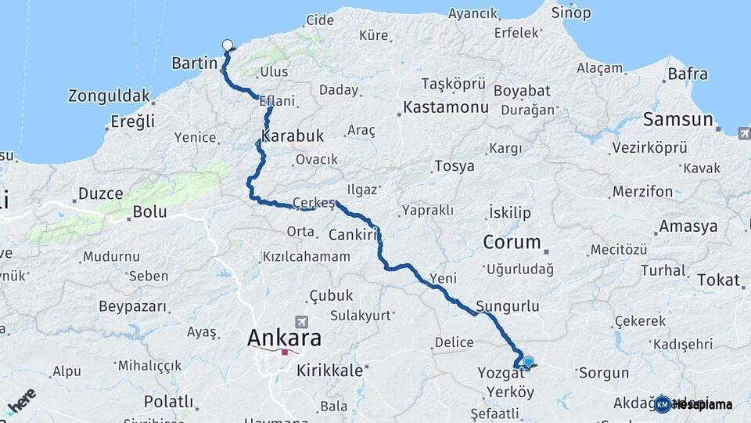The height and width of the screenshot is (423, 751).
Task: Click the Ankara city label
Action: pyautogui.click(x=284, y=338)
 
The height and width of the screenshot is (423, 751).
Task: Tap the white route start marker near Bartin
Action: pyautogui.click(x=228, y=45)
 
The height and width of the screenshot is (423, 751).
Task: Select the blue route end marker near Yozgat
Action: pyautogui.click(x=528, y=361)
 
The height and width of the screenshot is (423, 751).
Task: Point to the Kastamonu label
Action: pyautogui.click(x=446, y=107)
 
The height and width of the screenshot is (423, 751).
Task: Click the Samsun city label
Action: pyautogui.click(x=678, y=120)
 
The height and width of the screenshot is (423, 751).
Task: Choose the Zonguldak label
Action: pyautogui.click(x=109, y=96)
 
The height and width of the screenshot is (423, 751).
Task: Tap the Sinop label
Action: pyautogui.click(x=571, y=13)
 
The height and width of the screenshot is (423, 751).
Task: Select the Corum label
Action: pyautogui.click(x=512, y=242)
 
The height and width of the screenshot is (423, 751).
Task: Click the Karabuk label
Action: pyautogui.click(x=293, y=136)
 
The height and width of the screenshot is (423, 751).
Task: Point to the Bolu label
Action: pyautogui.click(x=149, y=211)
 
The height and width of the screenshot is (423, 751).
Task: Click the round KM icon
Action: pyautogui.click(x=663, y=404)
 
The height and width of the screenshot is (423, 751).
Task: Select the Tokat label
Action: pyautogui.click(x=718, y=280)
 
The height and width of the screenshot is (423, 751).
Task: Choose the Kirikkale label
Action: pyautogui.click(x=330, y=371)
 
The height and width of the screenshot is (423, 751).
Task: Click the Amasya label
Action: pyautogui.click(x=688, y=226)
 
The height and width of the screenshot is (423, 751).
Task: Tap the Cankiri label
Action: pyautogui.click(x=354, y=234)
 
